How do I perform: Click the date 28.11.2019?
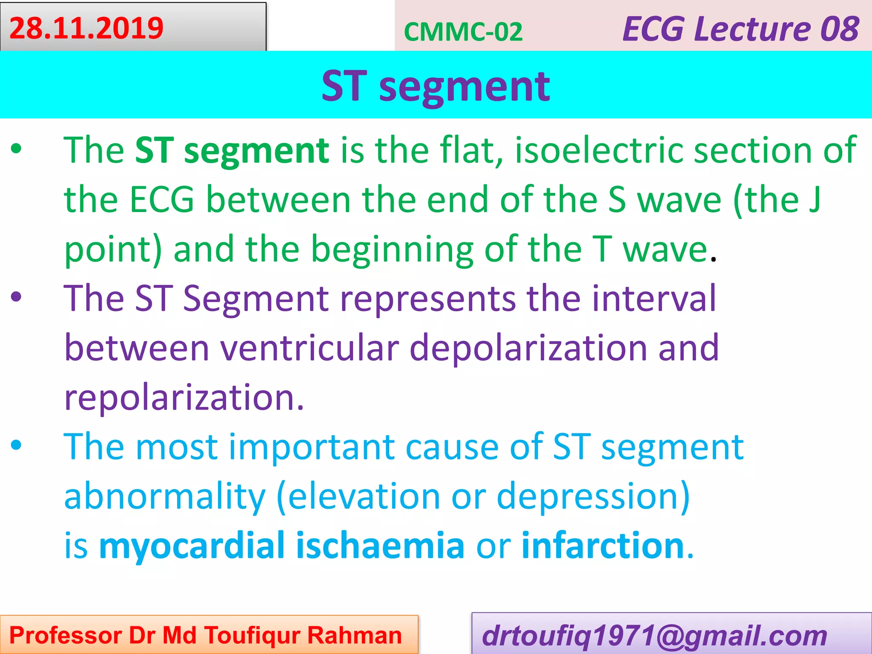pyautogui.click(x=86, y=28)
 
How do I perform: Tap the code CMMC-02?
pyautogui.click(x=463, y=32)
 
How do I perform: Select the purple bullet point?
pyautogui.click(x=16, y=297)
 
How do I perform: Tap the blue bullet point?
pyautogui.click(x=16, y=445)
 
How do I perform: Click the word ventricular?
pyautogui.click(x=310, y=347)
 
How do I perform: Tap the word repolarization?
pyautogui.click(x=184, y=398)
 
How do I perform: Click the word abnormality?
pyautogui.click(x=165, y=496)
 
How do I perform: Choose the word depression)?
pyautogui.click(x=593, y=496)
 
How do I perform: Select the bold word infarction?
pyautogui.click(x=602, y=545)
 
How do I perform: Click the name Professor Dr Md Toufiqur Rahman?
pyautogui.click(x=206, y=635)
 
